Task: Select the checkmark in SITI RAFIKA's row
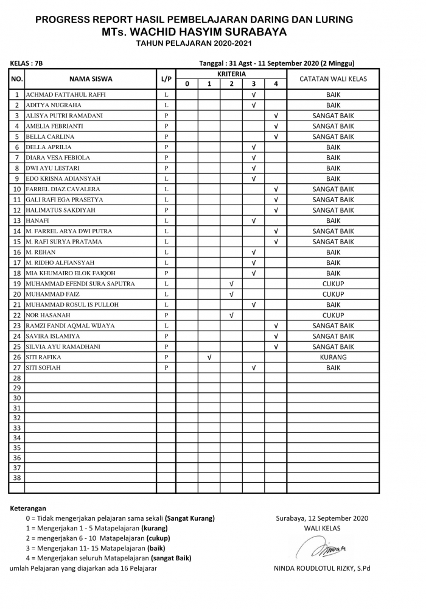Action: tap(209, 357)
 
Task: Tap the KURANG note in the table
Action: tap(333, 357)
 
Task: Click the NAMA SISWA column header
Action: tap(91, 79)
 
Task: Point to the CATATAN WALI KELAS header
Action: tap(333, 79)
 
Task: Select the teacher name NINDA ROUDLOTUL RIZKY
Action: tap(322, 569)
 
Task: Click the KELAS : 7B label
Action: tap(27, 63)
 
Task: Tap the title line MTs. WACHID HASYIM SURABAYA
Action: tap(194, 32)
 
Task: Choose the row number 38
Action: tap(17, 478)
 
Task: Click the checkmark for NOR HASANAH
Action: tap(231, 315)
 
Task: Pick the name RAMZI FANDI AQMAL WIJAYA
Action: tap(70, 326)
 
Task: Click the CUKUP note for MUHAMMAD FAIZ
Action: tap(333, 294)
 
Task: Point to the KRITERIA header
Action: tap(231, 74)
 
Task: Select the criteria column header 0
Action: tap(187, 84)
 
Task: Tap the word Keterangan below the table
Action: tap(28, 508)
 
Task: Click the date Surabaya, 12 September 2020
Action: tap(322, 518)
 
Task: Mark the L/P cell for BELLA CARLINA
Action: tap(166, 137)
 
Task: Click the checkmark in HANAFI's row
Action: tap(253, 221)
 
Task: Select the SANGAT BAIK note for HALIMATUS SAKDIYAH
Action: tap(333, 210)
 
